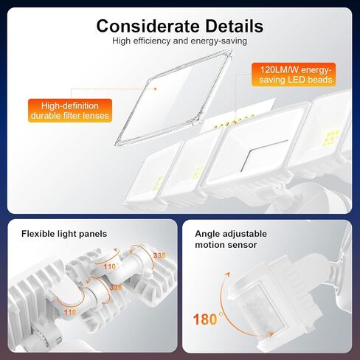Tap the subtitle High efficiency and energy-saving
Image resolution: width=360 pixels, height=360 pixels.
coord(179,41)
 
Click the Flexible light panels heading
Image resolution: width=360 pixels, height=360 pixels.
coord(64,234)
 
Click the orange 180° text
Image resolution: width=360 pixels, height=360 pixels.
coord(208,319)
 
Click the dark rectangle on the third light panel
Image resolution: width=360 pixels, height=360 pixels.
coord(259,156)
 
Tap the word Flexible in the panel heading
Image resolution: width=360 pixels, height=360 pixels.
coord(40,234)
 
